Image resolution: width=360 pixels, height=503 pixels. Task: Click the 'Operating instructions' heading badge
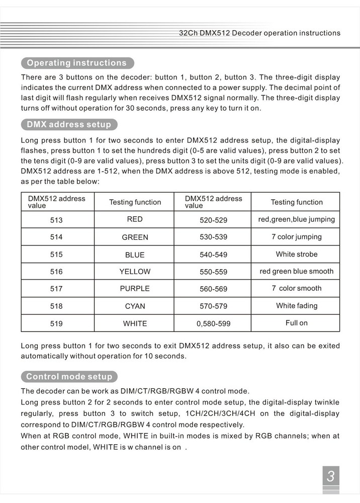77,63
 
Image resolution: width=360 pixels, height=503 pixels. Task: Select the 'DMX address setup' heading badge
69,124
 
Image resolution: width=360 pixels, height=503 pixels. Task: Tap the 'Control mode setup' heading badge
69,376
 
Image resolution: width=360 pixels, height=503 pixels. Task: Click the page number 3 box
330,476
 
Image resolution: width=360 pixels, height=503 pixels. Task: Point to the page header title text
259,33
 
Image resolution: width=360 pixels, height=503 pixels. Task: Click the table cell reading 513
57,220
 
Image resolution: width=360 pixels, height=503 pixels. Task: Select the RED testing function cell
135,219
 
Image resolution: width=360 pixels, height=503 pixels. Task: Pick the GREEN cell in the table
135,237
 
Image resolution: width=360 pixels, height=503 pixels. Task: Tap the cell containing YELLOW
135,272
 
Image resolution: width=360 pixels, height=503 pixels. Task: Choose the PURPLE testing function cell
135,289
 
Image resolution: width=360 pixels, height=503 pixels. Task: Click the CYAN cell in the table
135,306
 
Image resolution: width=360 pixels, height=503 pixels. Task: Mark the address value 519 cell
57,323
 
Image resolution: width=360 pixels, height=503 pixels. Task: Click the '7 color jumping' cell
296,237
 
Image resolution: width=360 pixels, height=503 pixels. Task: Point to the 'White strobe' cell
296,254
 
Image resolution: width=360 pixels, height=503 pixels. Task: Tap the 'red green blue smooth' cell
296,271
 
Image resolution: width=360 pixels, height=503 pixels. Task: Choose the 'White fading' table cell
296,306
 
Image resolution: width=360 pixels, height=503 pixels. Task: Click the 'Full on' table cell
296,323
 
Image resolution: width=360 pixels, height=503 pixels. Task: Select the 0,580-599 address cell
213,324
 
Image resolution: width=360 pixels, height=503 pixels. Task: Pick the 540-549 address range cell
213,255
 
